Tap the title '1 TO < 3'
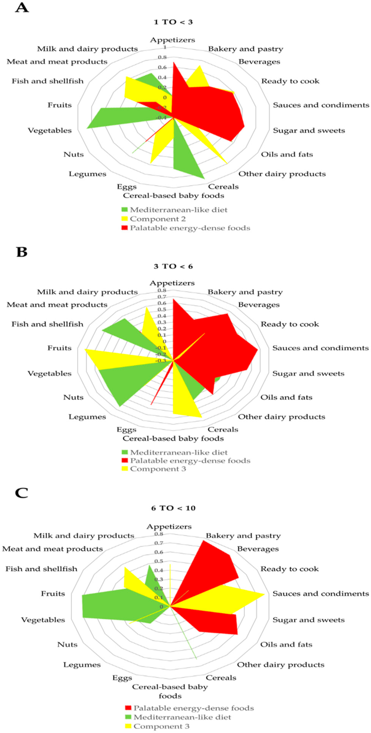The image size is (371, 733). pyautogui.click(x=173, y=22)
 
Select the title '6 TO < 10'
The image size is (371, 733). pyautogui.click(x=173, y=508)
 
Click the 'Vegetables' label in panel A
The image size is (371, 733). pyautogui.click(x=50, y=130)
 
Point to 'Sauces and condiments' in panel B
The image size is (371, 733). pyautogui.click(x=320, y=348)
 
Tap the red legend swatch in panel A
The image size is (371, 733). pyautogui.click(x=125, y=228)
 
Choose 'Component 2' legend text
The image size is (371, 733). pyautogui.click(x=158, y=219)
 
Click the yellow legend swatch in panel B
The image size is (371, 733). pyautogui.click(x=125, y=469)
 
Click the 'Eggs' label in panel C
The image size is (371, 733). pyautogui.click(x=122, y=678)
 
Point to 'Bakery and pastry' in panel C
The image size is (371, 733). pyautogui.click(x=243, y=536)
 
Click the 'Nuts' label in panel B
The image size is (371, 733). pyautogui.click(x=73, y=397)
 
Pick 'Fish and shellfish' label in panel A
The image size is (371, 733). pyautogui.click(x=47, y=81)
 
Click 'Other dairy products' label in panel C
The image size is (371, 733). pyautogui.click(x=281, y=665)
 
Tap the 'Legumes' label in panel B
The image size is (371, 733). pyautogui.click(x=87, y=417)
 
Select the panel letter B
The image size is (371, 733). pyautogui.click(x=22, y=252)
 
